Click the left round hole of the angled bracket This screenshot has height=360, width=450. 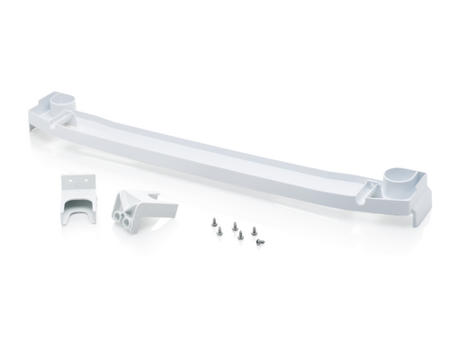point(121,213)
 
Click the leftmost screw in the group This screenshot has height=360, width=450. point(215,222)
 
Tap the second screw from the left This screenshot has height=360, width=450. point(233,227)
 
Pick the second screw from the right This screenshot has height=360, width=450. point(240,236)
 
